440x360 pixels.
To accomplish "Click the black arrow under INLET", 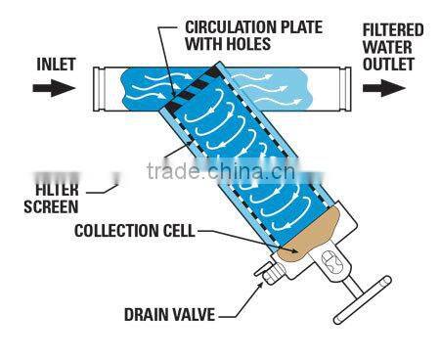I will click(x=49, y=88).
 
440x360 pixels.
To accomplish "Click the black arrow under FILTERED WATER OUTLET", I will click(x=385, y=88).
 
